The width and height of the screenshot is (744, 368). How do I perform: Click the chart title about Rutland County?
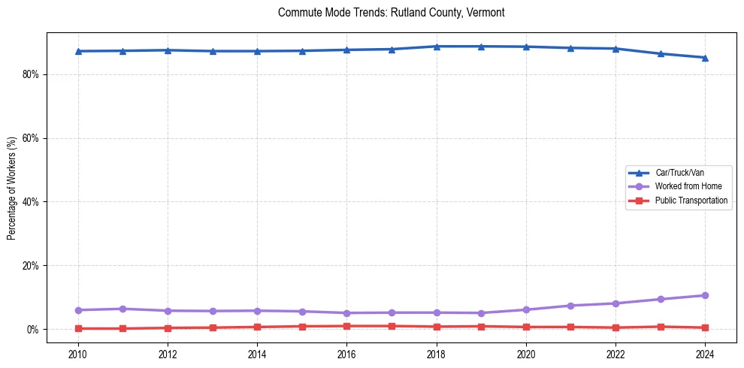[391, 13]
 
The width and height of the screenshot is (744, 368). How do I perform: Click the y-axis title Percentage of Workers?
[12, 189]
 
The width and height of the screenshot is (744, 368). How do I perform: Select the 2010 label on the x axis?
[77, 353]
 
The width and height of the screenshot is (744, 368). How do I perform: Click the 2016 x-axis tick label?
[346, 353]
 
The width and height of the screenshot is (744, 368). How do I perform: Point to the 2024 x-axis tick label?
[705, 353]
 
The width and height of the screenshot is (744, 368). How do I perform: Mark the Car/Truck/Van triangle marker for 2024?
[705, 58]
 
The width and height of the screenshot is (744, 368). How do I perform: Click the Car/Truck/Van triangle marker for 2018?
[436, 47]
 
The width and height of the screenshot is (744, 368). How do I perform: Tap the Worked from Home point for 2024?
[705, 295]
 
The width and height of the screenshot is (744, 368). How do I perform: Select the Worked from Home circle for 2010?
[77, 310]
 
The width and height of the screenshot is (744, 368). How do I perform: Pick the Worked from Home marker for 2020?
[526, 309]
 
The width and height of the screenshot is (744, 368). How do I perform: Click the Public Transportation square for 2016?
[346, 326]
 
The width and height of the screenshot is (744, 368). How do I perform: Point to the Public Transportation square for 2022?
[615, 327]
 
